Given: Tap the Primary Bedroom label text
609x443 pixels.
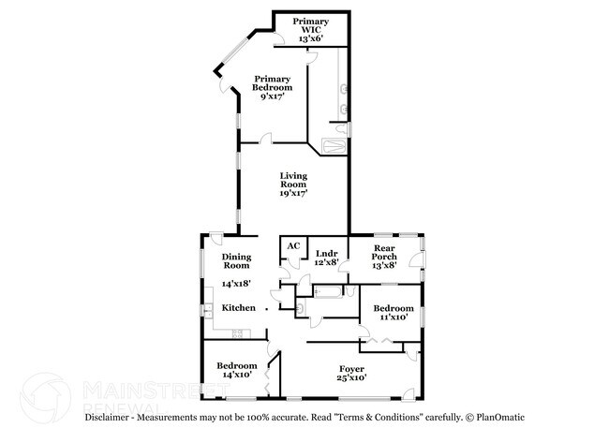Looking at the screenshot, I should pos(272,87).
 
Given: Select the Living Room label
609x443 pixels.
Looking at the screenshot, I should pos(293,184).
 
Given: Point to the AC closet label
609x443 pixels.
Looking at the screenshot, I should pos(292,246).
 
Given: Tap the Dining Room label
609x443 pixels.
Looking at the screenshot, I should pos(235,261).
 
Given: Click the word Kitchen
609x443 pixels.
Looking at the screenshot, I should pos(238,308).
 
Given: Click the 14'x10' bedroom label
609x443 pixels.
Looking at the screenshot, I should pos(236,371).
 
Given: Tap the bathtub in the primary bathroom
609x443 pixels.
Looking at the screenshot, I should pos(334,146).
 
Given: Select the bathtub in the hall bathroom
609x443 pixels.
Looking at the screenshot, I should pos(331,292).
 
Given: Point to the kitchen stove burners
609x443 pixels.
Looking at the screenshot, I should pos(238,334).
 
